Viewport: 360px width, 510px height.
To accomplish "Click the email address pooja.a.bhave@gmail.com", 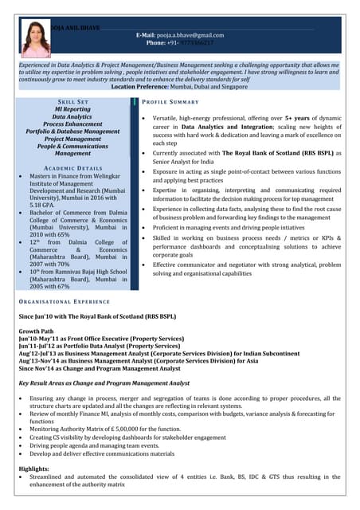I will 191,35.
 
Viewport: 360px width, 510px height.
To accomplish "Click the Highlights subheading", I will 34,469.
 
